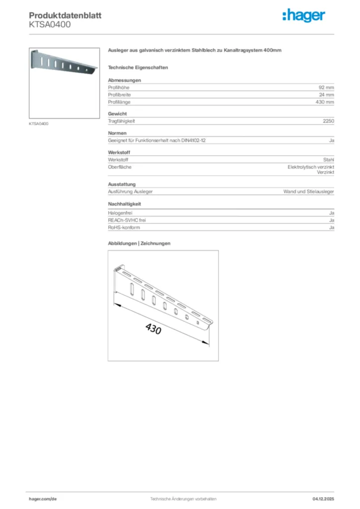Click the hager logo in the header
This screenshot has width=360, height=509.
[x=304, y=16]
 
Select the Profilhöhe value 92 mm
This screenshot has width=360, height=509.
[x=326, y=87]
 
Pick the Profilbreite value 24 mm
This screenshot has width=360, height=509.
[x=326, y=94]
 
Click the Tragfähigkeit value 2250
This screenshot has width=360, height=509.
[x=328, y=121]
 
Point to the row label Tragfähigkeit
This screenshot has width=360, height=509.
[x=122, y=121]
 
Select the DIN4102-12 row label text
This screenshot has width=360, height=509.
[x=157, y=141]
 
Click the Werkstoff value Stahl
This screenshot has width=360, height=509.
[x=328, y=160]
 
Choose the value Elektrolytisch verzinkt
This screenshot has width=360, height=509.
[x=311, y=167]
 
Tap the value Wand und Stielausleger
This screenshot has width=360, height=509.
[x=308, y=191]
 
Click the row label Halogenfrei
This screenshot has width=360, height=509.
[x=120, y=213]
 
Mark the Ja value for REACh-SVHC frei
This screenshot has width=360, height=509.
[x=331, y=220]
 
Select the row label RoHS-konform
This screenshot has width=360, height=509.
[x=124, y=227]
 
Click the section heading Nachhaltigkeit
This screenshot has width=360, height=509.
[x=125, y=204]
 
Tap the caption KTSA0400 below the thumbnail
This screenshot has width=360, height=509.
[x=39, y=124]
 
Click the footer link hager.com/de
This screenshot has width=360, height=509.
[x=43, y=498]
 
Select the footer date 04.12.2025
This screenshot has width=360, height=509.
[x=323, y=498]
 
